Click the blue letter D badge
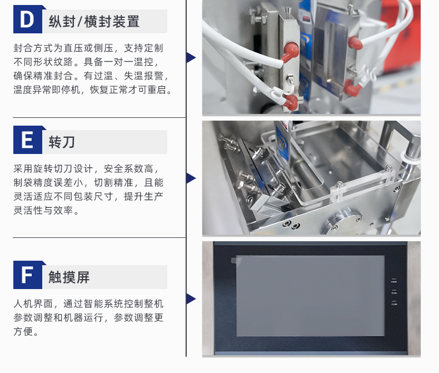click(28, 19)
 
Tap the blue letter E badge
click(28, 140)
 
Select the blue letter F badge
click(28, 275)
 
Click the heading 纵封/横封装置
click(94, 22)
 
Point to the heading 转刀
click(62, 142)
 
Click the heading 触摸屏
click(69, 277)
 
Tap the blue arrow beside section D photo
click(191, 57)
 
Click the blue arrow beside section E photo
click(191, 178)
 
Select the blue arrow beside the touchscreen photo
click(191, 299)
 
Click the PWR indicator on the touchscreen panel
click(394, 280)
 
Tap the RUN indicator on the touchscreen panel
click(394, 291)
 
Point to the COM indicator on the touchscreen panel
click(394, 303)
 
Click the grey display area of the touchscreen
click(310, 296)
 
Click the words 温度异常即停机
click(47, 89)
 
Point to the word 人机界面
click(33, 304)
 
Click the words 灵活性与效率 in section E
click(43, 210)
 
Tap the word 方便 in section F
click(23, 331)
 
